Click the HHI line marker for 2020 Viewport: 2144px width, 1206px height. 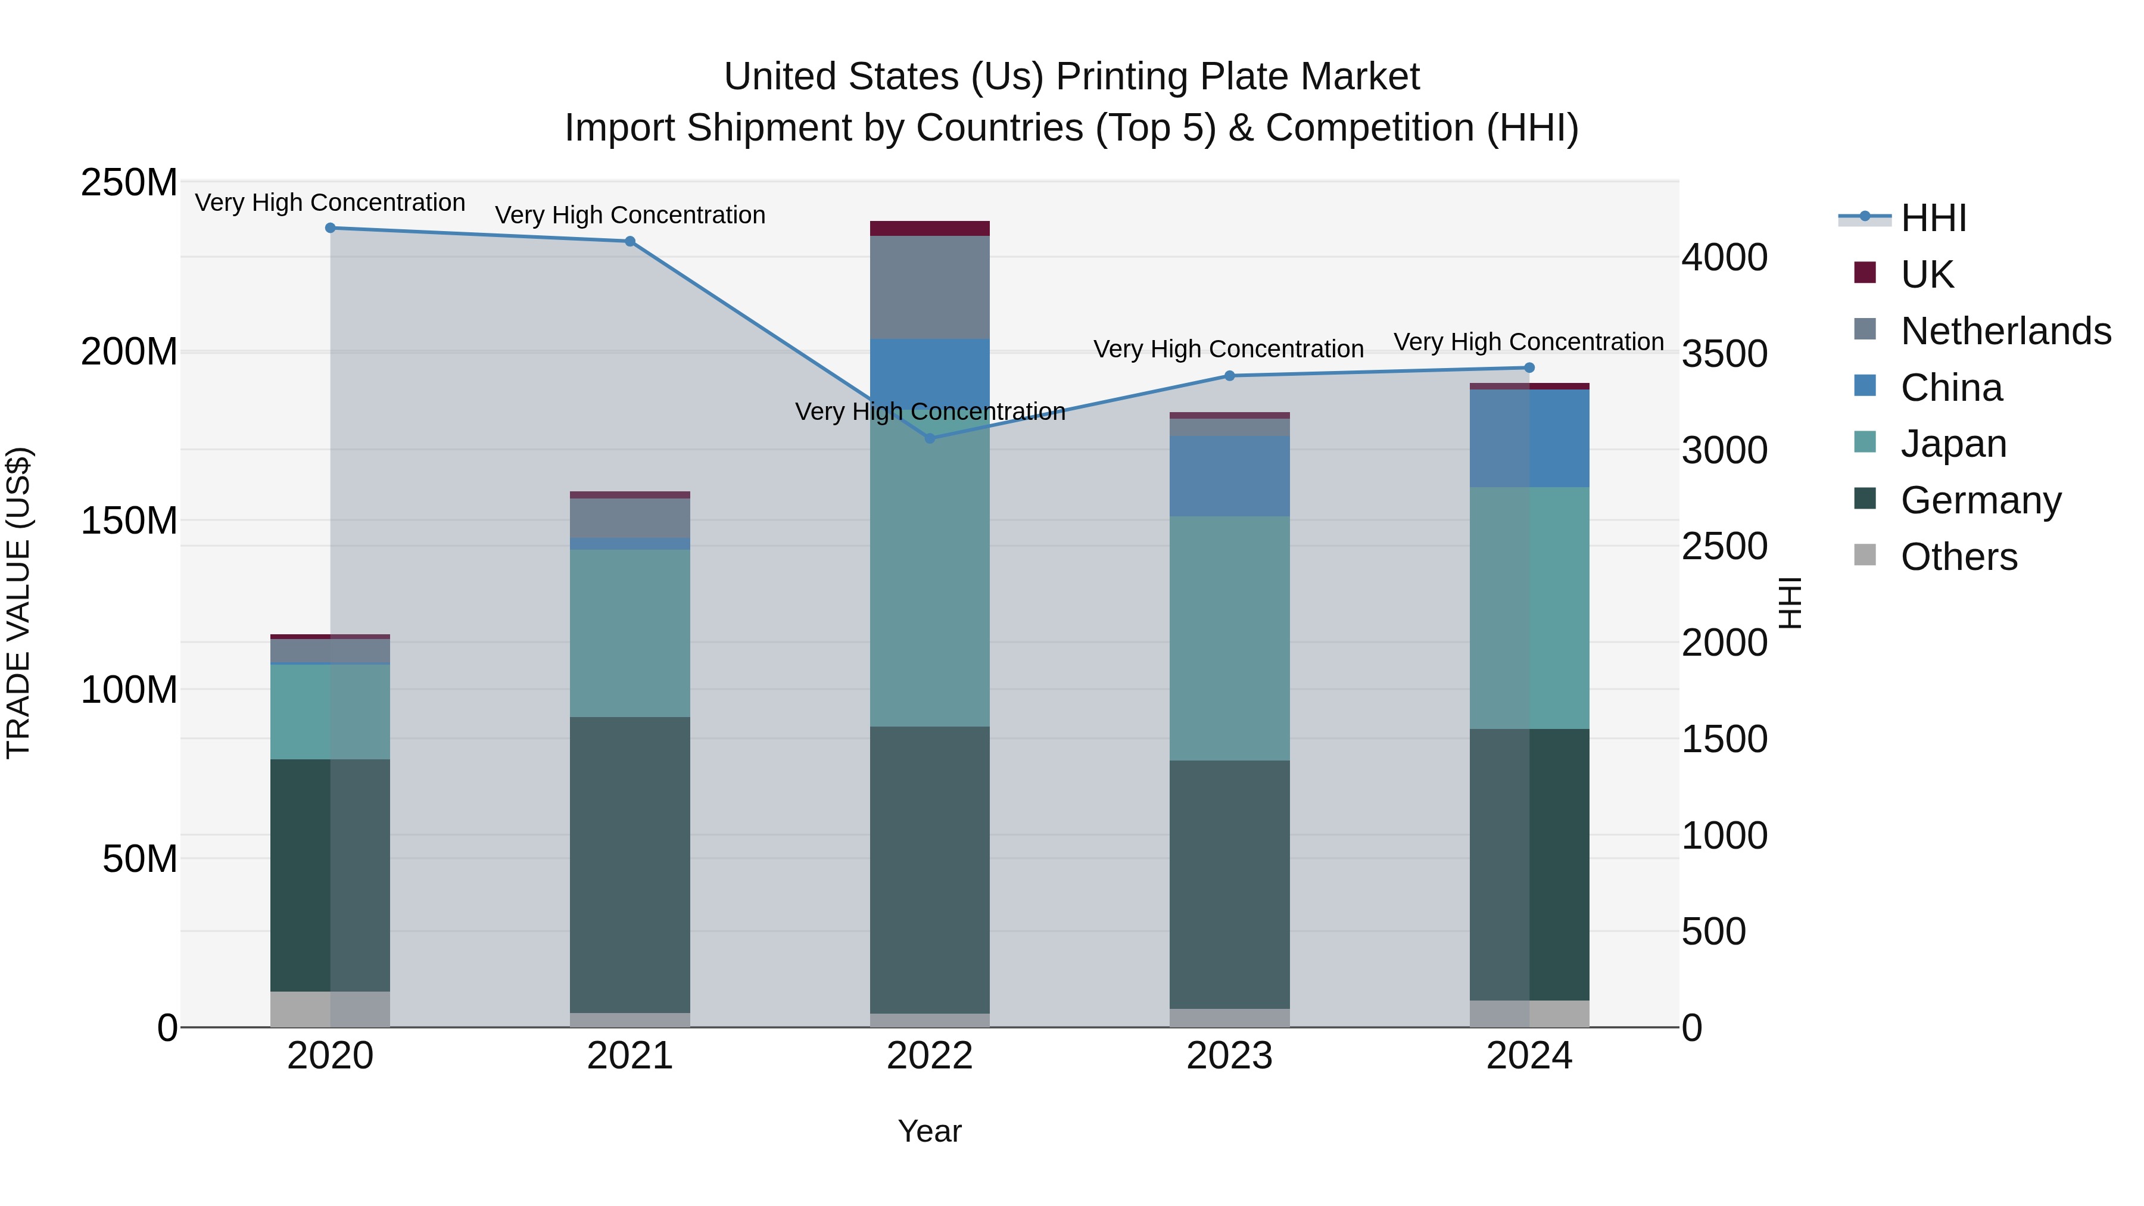tap(331, 228)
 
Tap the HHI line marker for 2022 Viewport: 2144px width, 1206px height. tap(930, 438)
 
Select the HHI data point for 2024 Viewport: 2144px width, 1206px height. tap(1529, 368)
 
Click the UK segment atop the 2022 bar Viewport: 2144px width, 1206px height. tap(930, 229)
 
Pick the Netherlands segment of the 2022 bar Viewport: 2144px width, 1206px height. tap(930, 287)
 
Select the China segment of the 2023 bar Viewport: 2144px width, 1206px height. tap(1229, 476)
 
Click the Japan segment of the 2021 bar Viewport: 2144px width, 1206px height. tap(630, 632)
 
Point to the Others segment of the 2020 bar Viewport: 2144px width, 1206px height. tap(331, 1009)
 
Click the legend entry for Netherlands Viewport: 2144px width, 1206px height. tap(2005, 331)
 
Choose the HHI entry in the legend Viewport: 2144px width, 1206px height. tap(1933, 218)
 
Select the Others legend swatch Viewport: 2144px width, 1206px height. tap(1865, 555)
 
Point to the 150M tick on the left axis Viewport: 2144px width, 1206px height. tap(129, 521)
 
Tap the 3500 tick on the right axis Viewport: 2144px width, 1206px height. tap(1724, 354)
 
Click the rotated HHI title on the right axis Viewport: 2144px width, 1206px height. tap(1790, 603)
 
